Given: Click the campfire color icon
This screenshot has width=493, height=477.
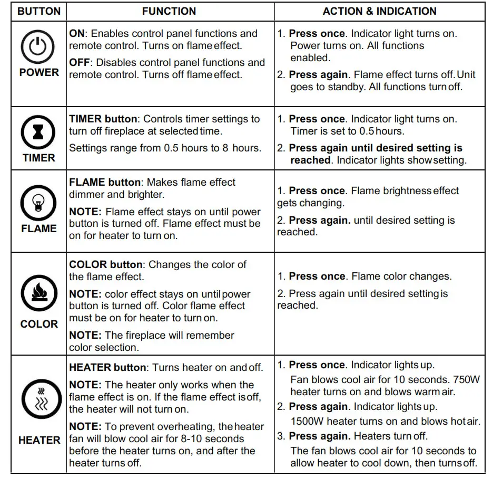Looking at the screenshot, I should tap(38, 293).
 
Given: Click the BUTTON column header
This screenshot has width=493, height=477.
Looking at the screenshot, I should tap(39, 11).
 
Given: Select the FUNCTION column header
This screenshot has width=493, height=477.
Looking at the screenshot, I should tap(169, 11).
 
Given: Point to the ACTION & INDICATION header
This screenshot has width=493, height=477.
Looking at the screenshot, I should tap(379, 11).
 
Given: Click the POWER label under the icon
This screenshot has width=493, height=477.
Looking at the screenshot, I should tap(39, 72).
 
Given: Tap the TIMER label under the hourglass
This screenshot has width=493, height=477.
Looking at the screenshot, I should tap(38, 157).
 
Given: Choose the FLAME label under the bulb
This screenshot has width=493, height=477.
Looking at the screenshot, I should tap(38, 228).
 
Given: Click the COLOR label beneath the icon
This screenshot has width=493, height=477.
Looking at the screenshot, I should tap(38, 324).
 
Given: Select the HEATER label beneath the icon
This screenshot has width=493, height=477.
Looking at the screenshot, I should tap(39, 440).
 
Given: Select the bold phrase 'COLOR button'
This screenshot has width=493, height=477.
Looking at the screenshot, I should tap(105, 264).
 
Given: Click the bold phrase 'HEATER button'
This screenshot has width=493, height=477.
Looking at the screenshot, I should tap(107, 367).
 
